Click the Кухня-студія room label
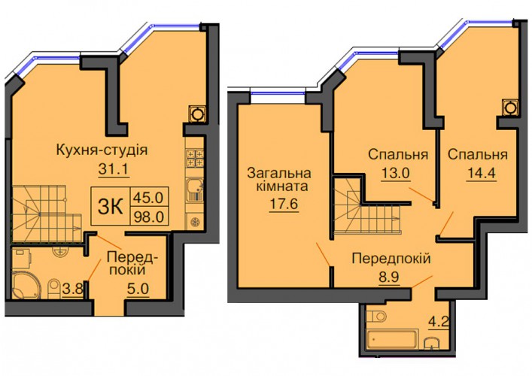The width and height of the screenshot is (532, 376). (102, 150)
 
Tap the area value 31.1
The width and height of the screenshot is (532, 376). (114, 169)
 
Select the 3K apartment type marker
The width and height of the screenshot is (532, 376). (111, 206)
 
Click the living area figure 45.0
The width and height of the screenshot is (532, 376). (148, 196)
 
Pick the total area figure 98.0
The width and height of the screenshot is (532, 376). (149, 215)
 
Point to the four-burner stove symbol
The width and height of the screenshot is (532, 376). (194, 158)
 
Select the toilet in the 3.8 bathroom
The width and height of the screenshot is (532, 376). (54, 288)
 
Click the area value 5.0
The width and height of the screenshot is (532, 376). (138, 290)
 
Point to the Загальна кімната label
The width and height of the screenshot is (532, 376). (278, 180)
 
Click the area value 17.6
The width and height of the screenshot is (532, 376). (284, 204)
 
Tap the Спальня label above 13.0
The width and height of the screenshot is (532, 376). (398, 155)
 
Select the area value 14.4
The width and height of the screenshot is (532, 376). (481, 173)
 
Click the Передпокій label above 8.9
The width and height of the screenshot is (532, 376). (391, 259)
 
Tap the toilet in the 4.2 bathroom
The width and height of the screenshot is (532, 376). (376, 317)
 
